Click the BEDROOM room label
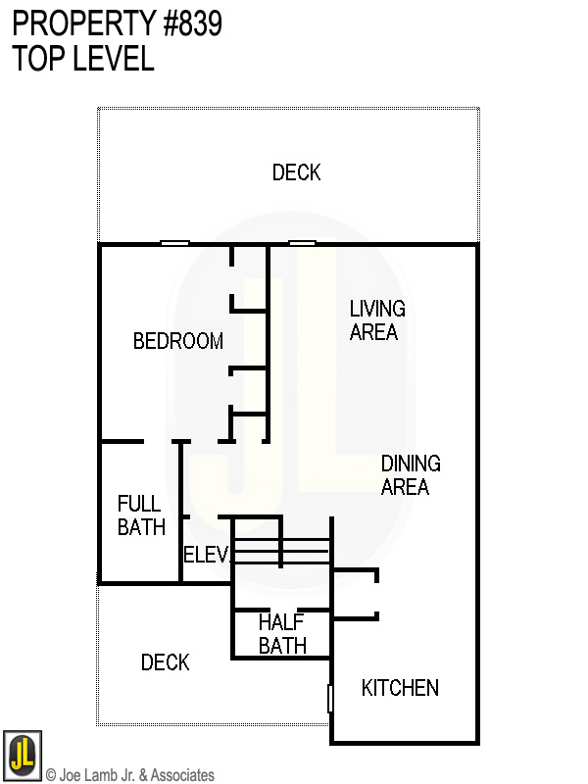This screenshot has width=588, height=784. [x=178, y=341]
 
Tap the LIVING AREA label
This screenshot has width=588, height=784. [x=376, y=320]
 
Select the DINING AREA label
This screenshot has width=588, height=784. [x=410, y=474]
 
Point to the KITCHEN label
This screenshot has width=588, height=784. [x=400, y=688]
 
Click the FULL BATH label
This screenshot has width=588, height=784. [x=141, y=515]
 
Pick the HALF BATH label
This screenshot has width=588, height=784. [x=282, y=634]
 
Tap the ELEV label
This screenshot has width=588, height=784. [x=206, y=556]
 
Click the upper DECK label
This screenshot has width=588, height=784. [x=296, y=172]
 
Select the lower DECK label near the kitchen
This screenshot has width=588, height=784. [x=165, y=663]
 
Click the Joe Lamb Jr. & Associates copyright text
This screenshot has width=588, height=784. [x=130, y=775]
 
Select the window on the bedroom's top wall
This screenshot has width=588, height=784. [x=174, y=243]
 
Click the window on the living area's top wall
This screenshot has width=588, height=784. [x=302, y=243]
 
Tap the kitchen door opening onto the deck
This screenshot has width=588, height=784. [x=330, y=698]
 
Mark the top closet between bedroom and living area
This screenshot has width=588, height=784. [x=250, y=278]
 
